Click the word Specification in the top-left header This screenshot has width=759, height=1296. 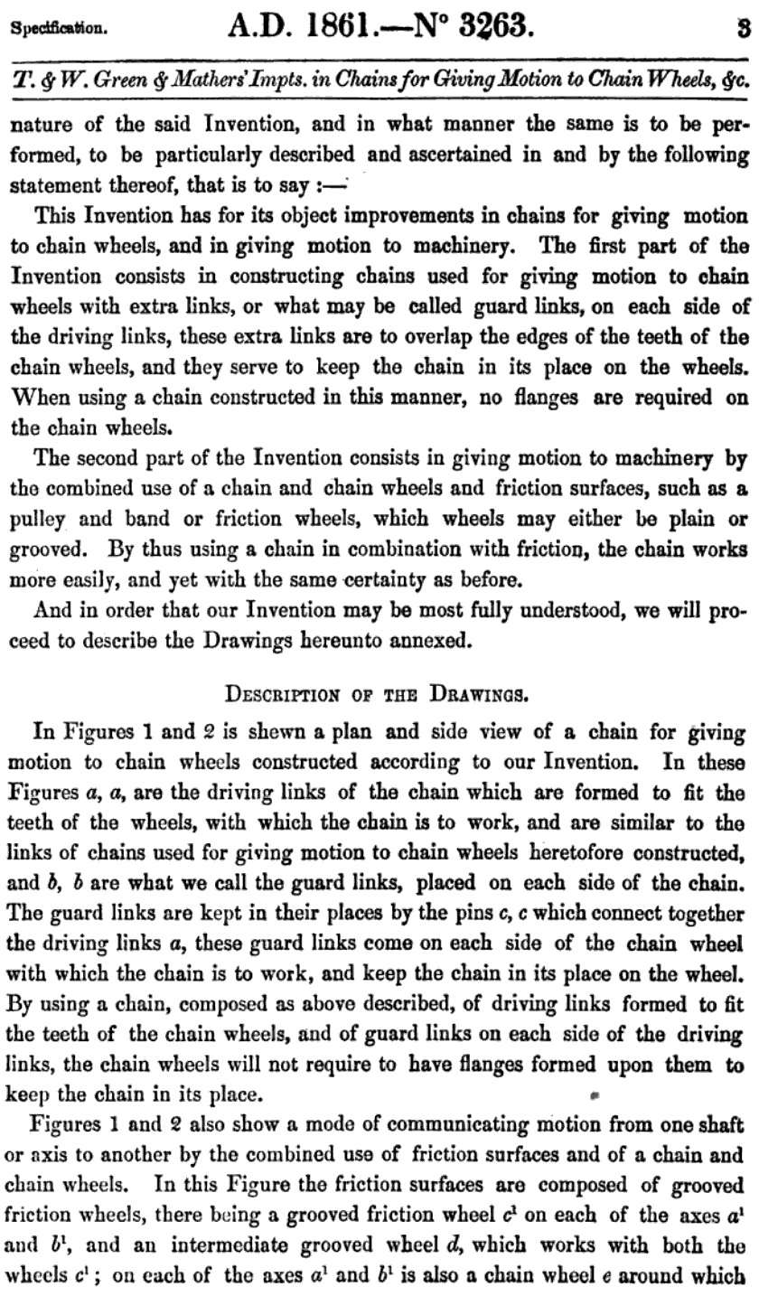coord(59,28)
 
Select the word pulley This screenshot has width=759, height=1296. coord(39,521)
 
